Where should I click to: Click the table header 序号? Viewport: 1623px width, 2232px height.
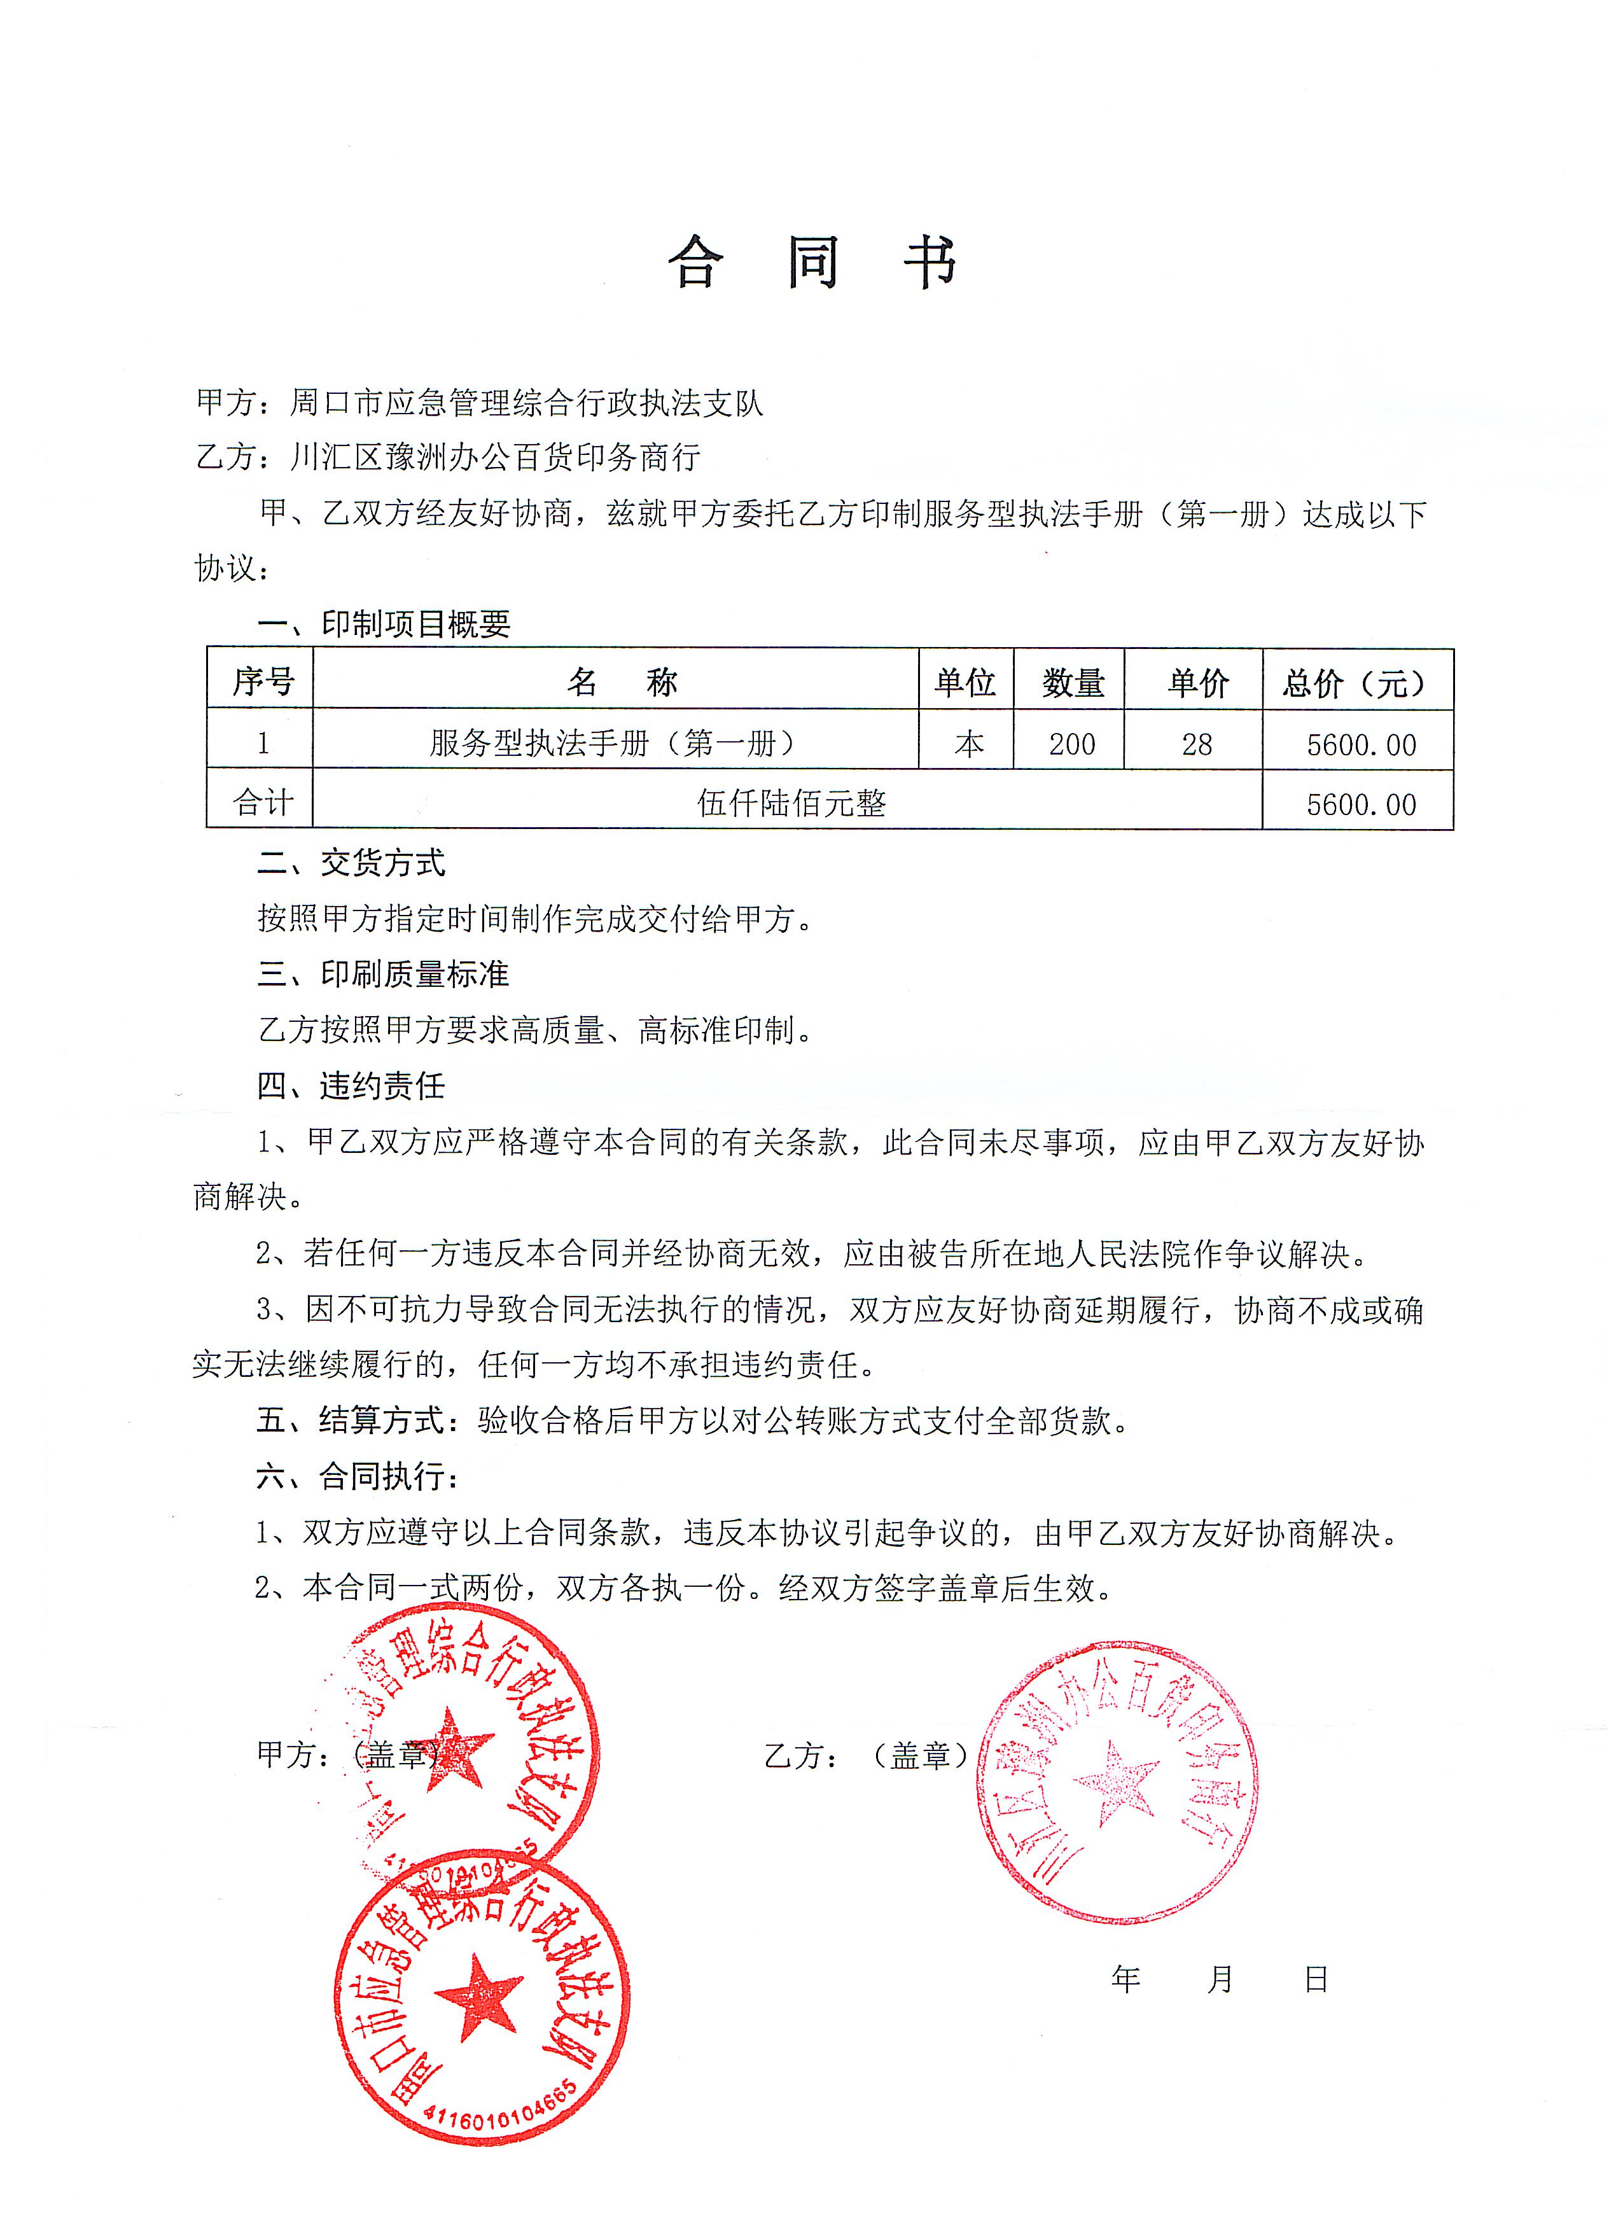point(262,681)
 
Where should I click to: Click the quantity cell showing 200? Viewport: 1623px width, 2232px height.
point(1071,744)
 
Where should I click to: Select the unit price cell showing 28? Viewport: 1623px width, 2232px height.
point(1196,744)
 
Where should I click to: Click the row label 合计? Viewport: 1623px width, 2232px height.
point(262,803)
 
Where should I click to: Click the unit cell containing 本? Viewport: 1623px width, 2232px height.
point(968,744)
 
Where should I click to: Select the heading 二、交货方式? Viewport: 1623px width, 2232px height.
point(351,863)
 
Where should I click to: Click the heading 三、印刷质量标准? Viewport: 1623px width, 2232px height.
point(383,974)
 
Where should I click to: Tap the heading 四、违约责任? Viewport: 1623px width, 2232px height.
point(351,1085)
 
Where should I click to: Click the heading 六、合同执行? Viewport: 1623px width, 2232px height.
point(358,1475)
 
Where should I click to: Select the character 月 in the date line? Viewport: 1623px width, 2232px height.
point(1220,1978)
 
